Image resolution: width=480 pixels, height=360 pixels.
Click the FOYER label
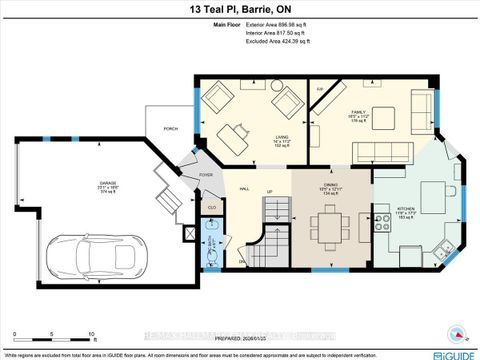point(206,175)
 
